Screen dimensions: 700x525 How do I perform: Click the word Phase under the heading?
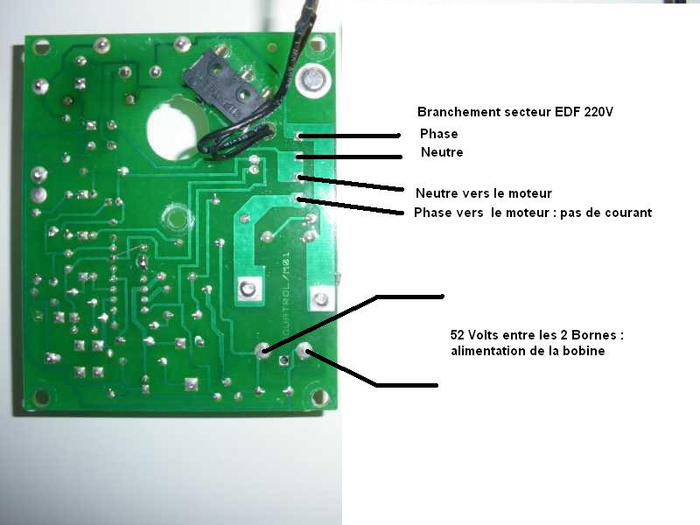(438, 135)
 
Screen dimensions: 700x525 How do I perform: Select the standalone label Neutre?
(442, 153)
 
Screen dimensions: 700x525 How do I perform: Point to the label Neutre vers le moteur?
(484, 193)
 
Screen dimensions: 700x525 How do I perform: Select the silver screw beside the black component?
(311, 80)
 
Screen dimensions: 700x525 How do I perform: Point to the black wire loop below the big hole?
(231, 142)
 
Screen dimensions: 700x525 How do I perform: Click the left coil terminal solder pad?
(263, 350)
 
